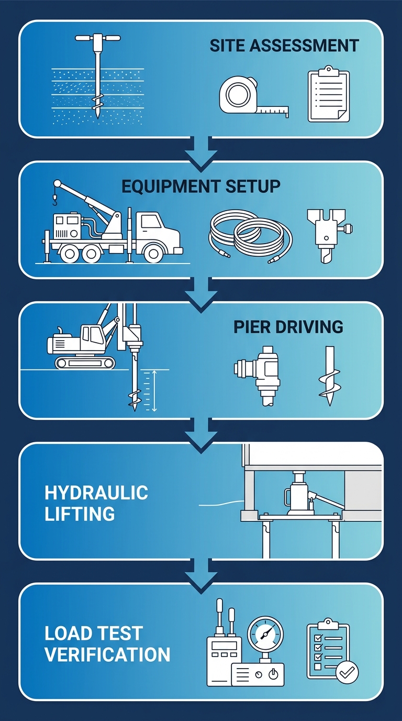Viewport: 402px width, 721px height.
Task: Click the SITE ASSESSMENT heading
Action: click(x=284, y=46)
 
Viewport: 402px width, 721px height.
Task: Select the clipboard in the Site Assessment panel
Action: click(x=328, y=94)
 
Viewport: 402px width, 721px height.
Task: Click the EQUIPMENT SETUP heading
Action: click(x=200, y=186)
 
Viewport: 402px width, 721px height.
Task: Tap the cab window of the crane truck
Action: click(x=151, y=221)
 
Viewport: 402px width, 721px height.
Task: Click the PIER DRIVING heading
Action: click(x=288, y=327)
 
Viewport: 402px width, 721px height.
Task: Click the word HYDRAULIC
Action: click(x=96, y=493)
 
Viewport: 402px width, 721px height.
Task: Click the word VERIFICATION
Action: click(x=107, y=654)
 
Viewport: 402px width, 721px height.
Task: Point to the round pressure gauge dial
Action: click(x=266, y=635)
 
